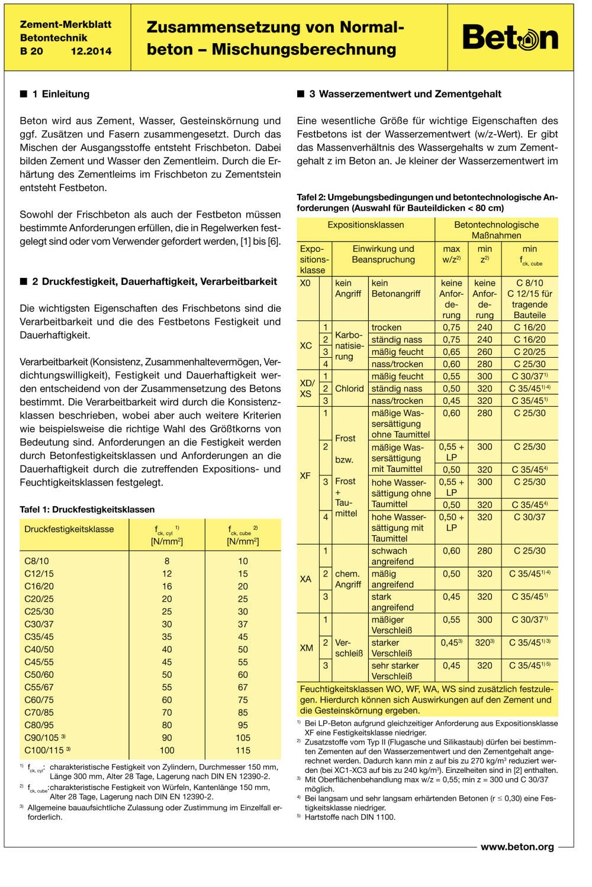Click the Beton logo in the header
[x=510, y=37]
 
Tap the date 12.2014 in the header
[x=91, y=51]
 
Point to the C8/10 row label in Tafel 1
[x=37, y=561]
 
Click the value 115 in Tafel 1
[x=243, y=750]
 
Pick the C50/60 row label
[x=39, y=674]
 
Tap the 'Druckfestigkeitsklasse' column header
[x=69, y=529]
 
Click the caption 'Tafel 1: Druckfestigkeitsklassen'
[x=87, y=509]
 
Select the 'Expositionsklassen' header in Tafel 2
[x=366, y=225]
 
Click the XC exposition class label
[x=305, y=345]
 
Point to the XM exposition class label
[x=306, y=648]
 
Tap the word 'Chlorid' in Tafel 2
[x=349, y=389]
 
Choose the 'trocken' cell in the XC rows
[x=386, y=327]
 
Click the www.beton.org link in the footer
[x=517, y=847]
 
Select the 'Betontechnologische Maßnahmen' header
[x=496, y=229]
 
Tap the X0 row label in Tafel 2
[x=305, y=283]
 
